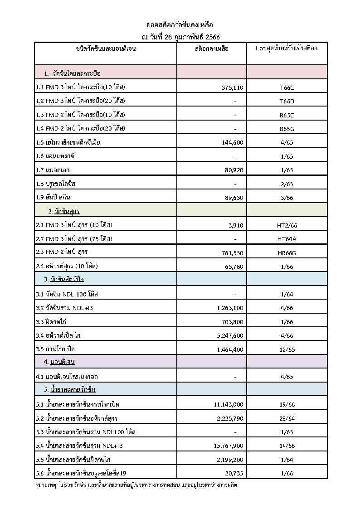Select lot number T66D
pyautogui.click(x=287, y=101)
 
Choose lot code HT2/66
pyautogui.click(x=287, y=225)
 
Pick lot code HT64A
pyautogui.click(x=287, y=239)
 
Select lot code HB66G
pyautogui.click(x=287, y=253)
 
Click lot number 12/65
pyautogui.click(x=287, y=350)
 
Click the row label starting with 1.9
pyautogui.click(x=53, y=197)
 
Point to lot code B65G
pyautogui.click(x=287, y=129)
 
